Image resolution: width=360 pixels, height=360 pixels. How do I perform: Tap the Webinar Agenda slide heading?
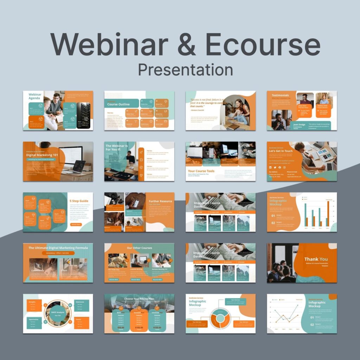coord(35,96)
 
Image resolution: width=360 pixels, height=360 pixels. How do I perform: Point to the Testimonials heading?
coord(280,95)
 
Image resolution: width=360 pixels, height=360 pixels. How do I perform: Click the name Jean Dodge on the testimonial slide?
coord(299,124)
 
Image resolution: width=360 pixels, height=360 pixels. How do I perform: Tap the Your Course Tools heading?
coord(201,171)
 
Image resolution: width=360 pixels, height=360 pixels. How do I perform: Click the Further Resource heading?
coord(160,201)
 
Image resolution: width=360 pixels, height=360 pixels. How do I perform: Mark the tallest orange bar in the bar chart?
coord(328,213)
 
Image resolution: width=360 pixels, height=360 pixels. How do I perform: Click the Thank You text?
coord(316,259)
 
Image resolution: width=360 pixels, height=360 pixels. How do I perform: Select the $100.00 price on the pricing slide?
coord(139,327)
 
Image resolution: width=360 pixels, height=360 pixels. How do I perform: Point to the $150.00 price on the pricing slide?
coord(157,327)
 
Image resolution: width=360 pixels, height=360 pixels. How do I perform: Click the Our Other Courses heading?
coord(139,248)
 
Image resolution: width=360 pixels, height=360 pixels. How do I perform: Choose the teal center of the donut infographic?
coord(220,319)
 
